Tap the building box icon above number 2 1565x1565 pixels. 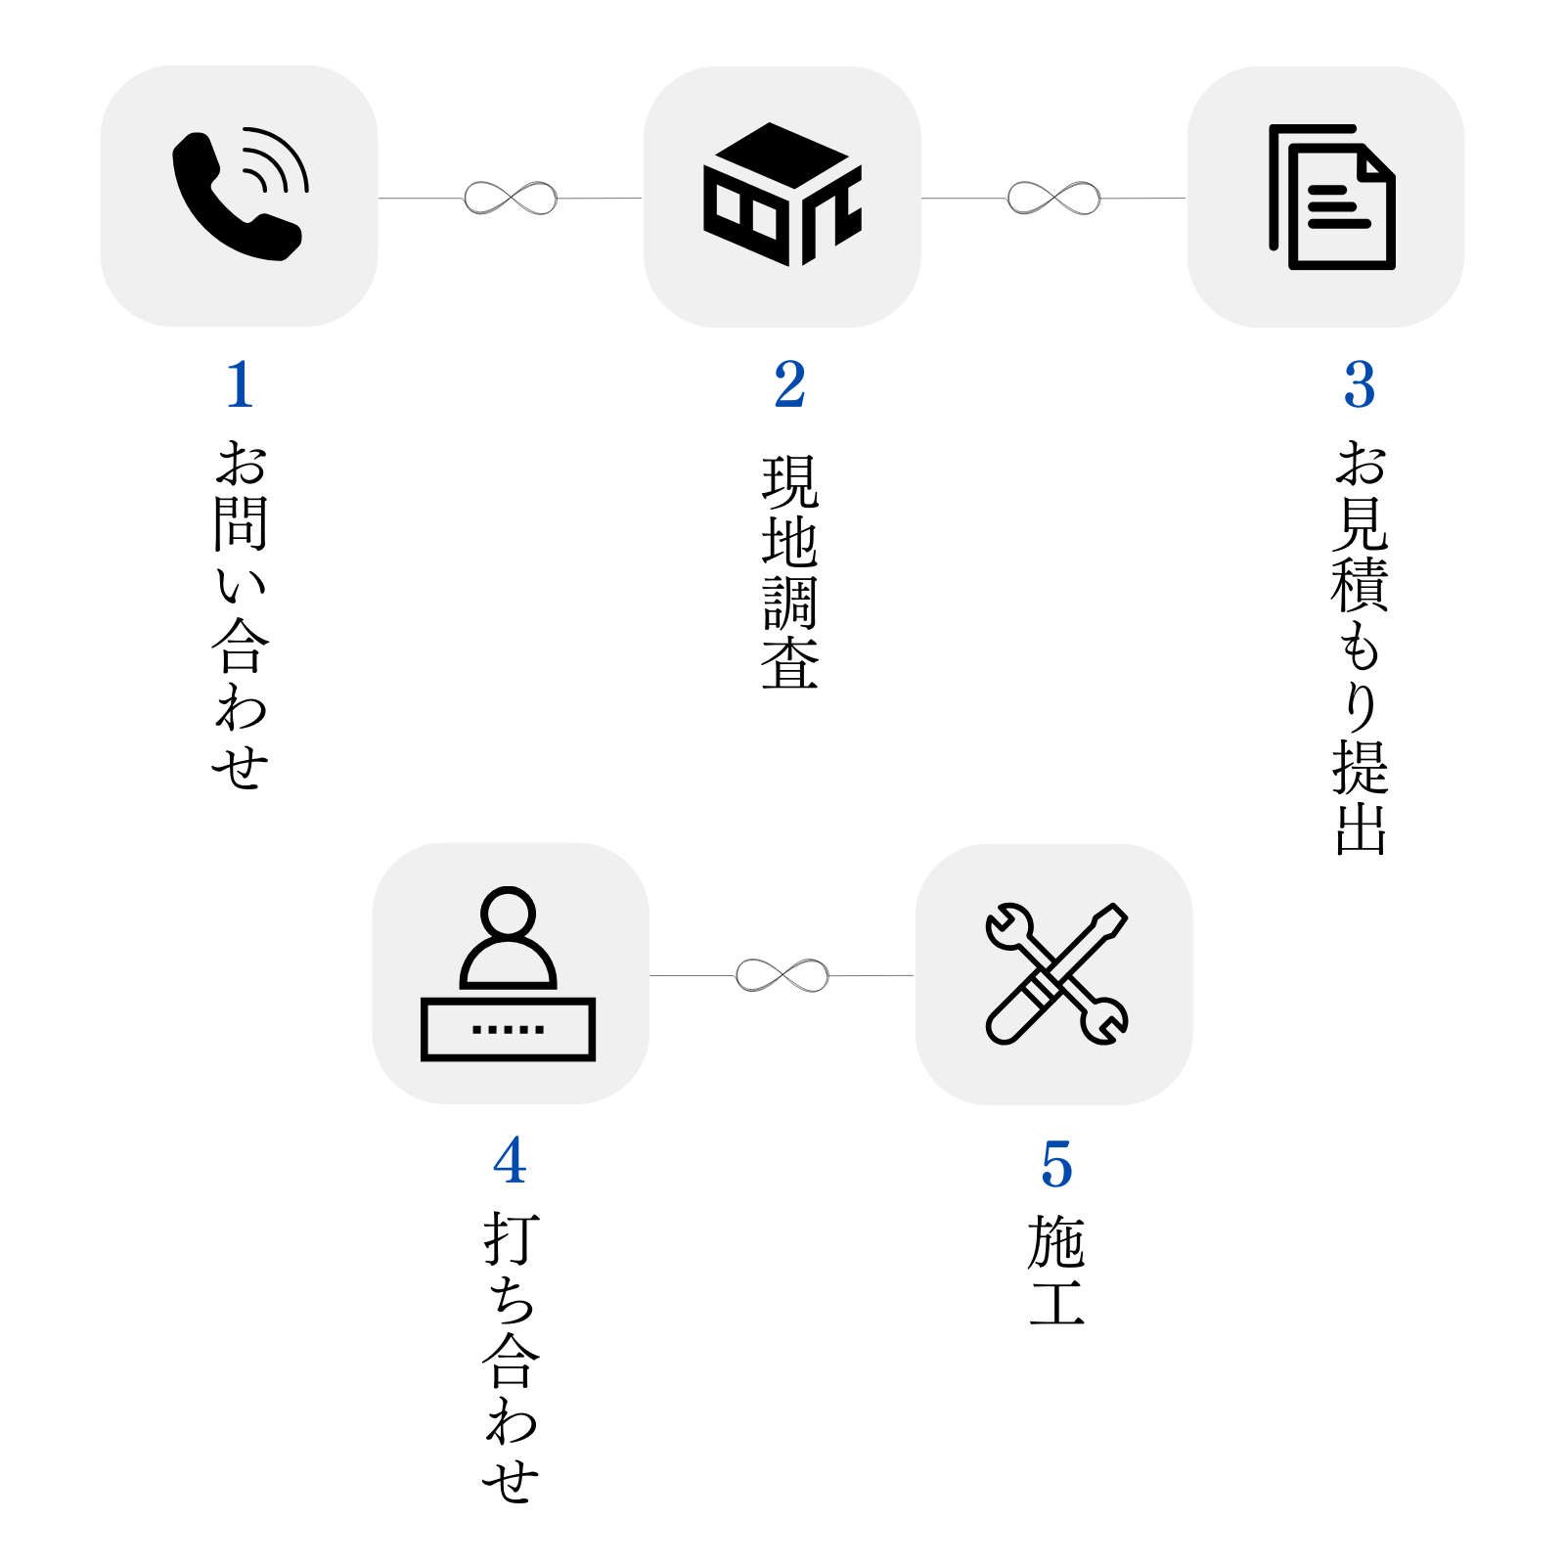(782, 195)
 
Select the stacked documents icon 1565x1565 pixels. (1331, 197)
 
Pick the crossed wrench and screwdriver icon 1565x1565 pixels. (1056, 974)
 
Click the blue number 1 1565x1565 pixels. (240, 384)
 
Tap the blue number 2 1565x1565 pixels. (789, 384)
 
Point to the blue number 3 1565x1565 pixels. (1359, 384)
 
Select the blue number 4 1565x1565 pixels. (510, 1161)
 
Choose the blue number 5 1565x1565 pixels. (1056, 1165)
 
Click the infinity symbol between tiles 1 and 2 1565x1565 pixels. (511, 199)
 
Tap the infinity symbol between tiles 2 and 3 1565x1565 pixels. (1053, 199)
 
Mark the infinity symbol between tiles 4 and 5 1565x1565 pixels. (782, 975)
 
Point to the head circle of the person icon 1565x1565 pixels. (509, 914)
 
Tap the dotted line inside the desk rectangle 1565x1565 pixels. (508, 1029)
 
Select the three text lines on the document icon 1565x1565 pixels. (1336, 206)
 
